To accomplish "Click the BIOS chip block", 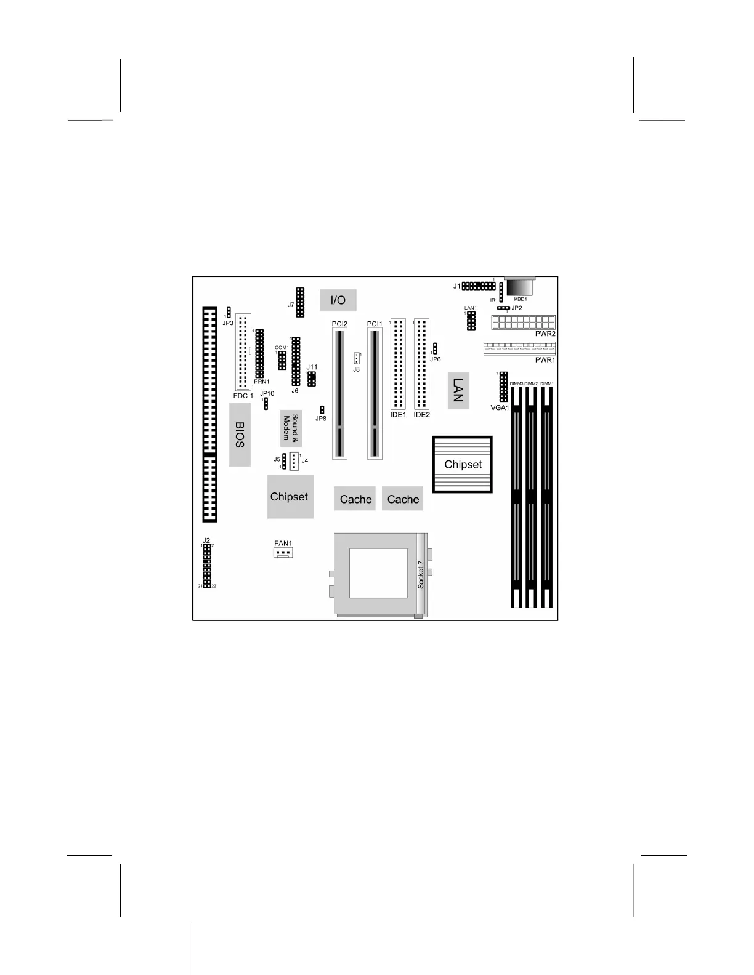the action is click(240, 435).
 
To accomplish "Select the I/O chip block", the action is click(338, 300).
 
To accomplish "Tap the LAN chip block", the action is click(458, 390).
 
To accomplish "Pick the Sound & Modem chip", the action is click(290, 428).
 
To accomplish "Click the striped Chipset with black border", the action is click(463, 464).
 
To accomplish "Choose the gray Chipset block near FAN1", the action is click(290, 496).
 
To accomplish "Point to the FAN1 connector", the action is click(283, 552).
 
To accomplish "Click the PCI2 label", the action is click(339, 324).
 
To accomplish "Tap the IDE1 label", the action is click(398, 415).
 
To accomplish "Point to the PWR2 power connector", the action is click(523, 323).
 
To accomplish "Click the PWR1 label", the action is click(545, 360).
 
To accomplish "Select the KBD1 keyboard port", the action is click(519, 288).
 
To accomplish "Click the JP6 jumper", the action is click(435, 348).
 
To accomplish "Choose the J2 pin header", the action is click(207, 566).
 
